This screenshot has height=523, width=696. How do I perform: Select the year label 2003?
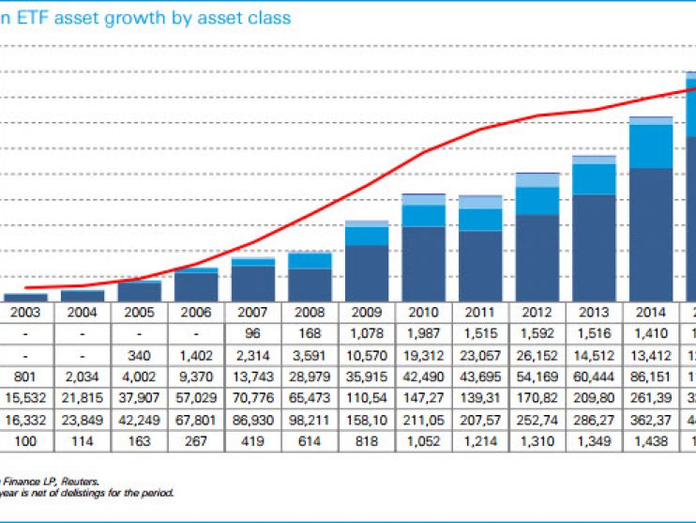tap(25, 311)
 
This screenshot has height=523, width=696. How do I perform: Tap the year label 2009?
tap(369, 311)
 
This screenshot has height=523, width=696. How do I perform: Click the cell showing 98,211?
tap(311, 419)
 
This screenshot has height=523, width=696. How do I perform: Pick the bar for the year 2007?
tap(253, 279)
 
